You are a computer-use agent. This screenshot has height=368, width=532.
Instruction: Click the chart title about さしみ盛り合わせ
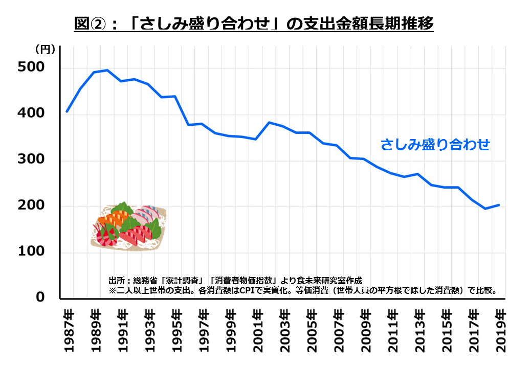pos(254,24)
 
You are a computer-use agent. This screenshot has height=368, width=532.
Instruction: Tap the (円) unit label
pos(45,50)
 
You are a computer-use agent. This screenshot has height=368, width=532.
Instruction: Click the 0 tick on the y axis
pos(40,298)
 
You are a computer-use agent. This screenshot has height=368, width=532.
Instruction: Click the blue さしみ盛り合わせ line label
pos(435,145)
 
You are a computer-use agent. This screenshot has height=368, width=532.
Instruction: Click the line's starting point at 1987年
pos(67,111)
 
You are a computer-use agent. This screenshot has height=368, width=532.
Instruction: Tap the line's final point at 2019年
pos(499,205)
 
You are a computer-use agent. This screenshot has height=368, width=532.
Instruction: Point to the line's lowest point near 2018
pos(485,209)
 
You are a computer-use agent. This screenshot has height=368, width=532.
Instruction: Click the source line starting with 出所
pos(235,280)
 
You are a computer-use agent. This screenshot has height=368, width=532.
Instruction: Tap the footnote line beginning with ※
pos(302,290)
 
